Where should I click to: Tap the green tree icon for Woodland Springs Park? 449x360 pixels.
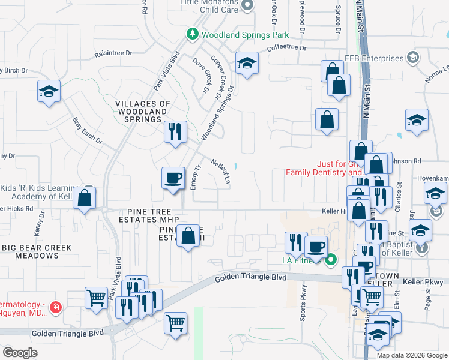point(193,34)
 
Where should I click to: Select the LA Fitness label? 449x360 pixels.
point(302,260)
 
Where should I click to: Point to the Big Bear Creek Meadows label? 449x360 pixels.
point(37,251)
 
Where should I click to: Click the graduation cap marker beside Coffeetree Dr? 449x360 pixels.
point(246,63)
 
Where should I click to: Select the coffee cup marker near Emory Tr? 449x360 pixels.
point(173,178)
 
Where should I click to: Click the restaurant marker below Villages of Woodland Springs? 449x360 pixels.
point(175,131)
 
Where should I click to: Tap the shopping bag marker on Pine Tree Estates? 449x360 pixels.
point(188,236)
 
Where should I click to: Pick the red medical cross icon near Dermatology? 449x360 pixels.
point(56,307)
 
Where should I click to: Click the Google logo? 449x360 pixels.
point(20,353)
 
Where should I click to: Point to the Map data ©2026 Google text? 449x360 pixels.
point(411,355)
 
